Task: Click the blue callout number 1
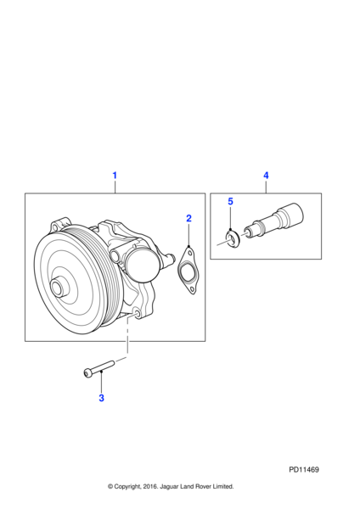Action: point(115,176)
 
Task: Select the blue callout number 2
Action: point(188,218)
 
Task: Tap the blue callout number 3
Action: point(101,398)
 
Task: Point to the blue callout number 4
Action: point(266,176)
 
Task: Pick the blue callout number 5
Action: point(230,202)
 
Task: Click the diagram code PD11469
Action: point(304,470)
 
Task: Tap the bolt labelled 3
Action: point(99,368)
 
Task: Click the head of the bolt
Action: point(87,373)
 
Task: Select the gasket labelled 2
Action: point(187,271)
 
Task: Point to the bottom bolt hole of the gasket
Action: point(192,289)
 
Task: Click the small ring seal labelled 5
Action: point(233,238)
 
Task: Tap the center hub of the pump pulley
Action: point(59,288)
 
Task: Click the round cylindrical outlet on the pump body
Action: point(143,267)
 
